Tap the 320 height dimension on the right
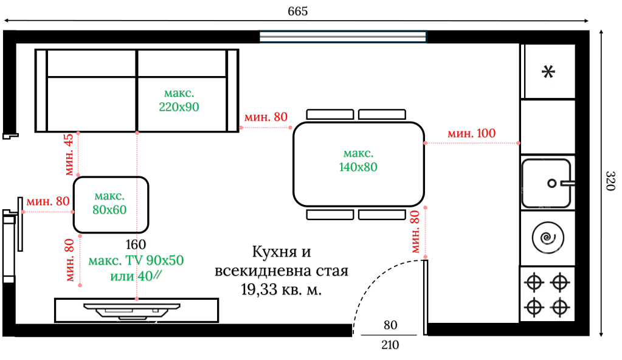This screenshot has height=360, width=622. (x=610, y=181)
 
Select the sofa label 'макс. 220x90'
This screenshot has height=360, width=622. (x=179, y=100)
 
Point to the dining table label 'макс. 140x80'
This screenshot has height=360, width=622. (x=358, y=160)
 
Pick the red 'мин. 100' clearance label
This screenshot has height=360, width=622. (x=471, y=133)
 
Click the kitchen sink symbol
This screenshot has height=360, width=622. (x=547, y=182)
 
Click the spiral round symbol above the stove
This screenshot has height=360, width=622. (x=547, y=238)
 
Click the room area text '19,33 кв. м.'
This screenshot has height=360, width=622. (x=281, y=290)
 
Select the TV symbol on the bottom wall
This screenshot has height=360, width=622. (x=133, y=310)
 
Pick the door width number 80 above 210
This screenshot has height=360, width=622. (x=390, y=325)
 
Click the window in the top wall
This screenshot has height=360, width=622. (x=344, y=37)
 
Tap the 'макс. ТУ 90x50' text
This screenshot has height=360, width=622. (x=136, y=261)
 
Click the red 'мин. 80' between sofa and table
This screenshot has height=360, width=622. (x=265, y=117)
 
